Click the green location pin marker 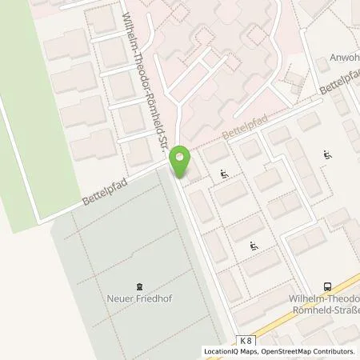click(182, 162)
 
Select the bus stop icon click(327, 286)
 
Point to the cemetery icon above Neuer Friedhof click(141, 286)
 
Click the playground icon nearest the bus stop click(254, 245)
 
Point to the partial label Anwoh click(343, 58)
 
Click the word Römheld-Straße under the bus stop click(329, 310)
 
